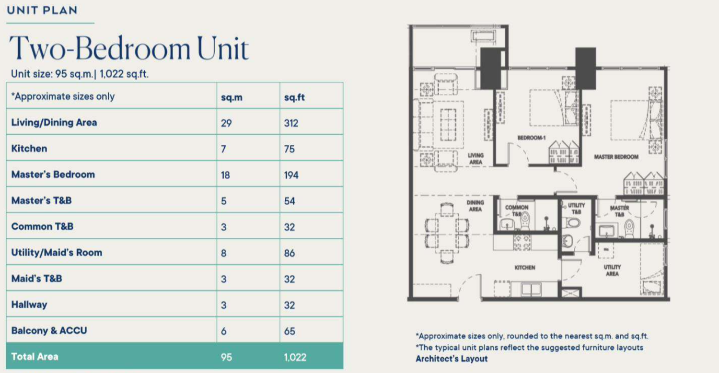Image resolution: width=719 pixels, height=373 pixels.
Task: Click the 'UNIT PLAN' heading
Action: click(42, 10)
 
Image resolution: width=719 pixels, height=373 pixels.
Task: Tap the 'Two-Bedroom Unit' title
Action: click(129, 48)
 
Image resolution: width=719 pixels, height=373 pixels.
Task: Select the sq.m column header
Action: click(232, 97)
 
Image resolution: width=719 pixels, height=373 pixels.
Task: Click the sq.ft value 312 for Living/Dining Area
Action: click(291, 123)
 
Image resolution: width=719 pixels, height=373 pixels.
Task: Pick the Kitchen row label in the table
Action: click(29, 149)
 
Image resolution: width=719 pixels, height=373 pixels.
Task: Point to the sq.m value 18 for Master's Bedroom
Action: click(225, 175)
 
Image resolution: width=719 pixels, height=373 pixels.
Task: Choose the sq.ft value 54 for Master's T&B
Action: click(290, 201)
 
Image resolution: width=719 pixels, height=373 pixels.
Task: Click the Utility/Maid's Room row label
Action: click(57, 253)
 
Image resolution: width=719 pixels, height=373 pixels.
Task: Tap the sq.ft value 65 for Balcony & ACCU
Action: click(290, 331)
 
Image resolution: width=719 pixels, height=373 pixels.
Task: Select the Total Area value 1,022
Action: click(295, 357)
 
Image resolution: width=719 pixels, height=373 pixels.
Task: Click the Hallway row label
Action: click(29, 304)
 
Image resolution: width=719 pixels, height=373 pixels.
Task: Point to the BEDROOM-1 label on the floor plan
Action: click(532, 138)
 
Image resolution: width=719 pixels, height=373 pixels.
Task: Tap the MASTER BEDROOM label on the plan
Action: click(616, 157)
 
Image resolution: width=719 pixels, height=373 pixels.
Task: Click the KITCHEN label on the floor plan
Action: click(525, 268)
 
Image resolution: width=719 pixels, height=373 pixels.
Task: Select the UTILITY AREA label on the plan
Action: click(612, 270)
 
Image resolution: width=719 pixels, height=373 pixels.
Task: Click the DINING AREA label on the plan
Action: click(475, 206)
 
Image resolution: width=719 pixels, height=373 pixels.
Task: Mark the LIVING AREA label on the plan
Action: click(475, 159)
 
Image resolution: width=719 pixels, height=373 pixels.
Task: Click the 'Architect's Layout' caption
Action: click(452, 359)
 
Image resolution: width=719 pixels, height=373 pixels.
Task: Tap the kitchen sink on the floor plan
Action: click(531, 289)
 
